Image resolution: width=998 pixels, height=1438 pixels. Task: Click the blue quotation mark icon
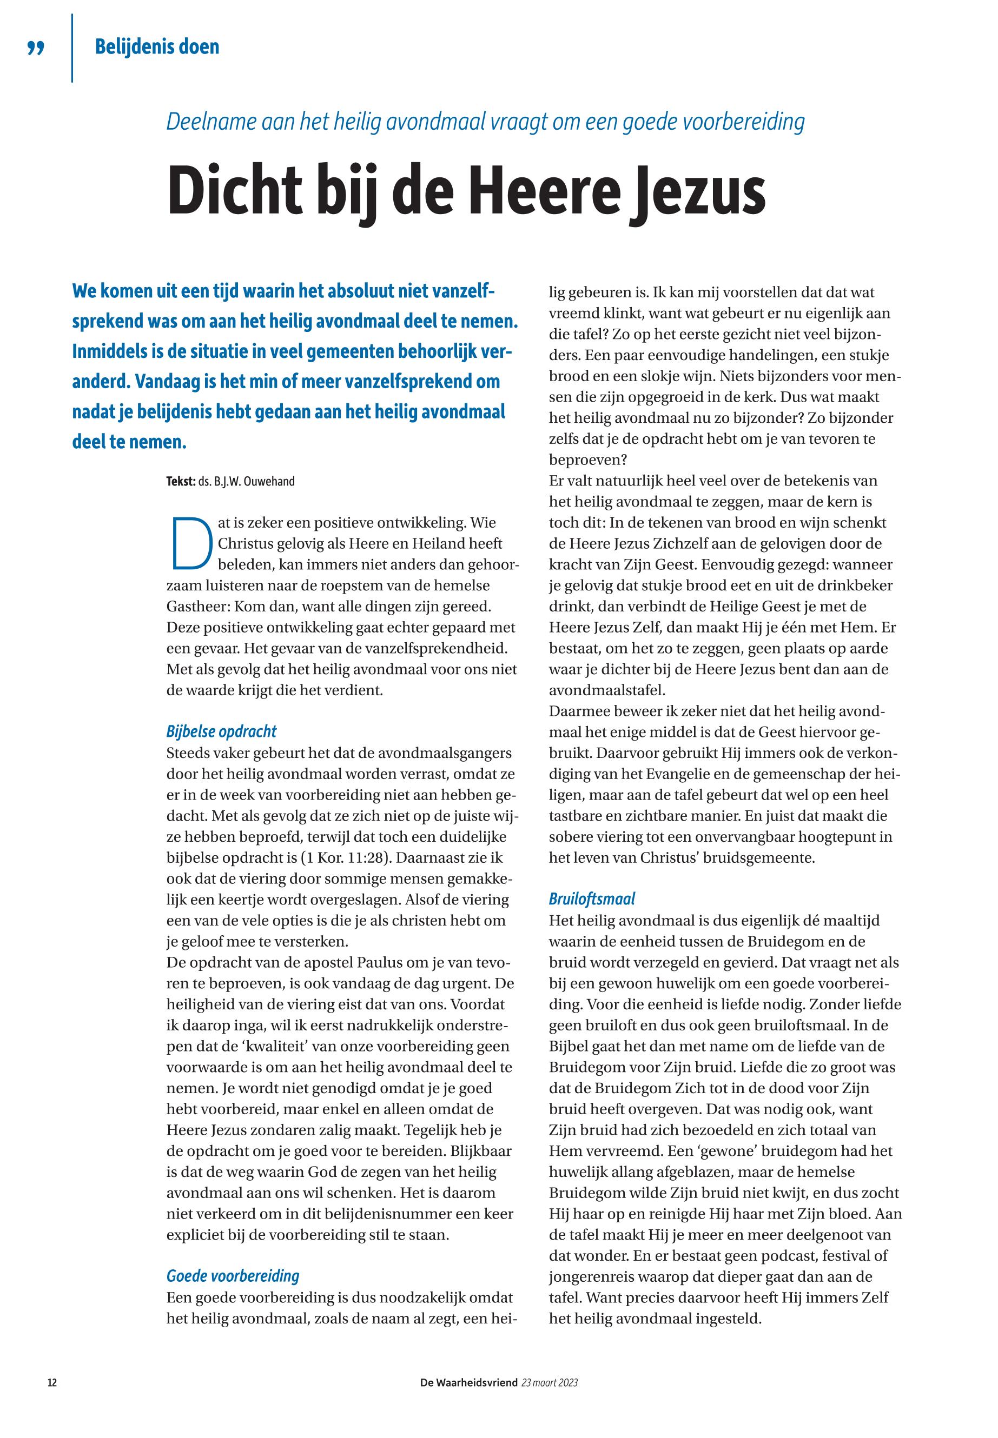click(36, 48)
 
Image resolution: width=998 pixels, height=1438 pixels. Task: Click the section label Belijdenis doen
click(157, 47)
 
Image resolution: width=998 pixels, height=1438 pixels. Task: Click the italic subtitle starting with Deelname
click(485, 122)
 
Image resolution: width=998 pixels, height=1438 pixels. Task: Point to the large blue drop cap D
click(189, 544)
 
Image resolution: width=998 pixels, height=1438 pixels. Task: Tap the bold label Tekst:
click(181, 481)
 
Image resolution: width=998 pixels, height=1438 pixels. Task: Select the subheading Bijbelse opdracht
click(221, 731)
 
